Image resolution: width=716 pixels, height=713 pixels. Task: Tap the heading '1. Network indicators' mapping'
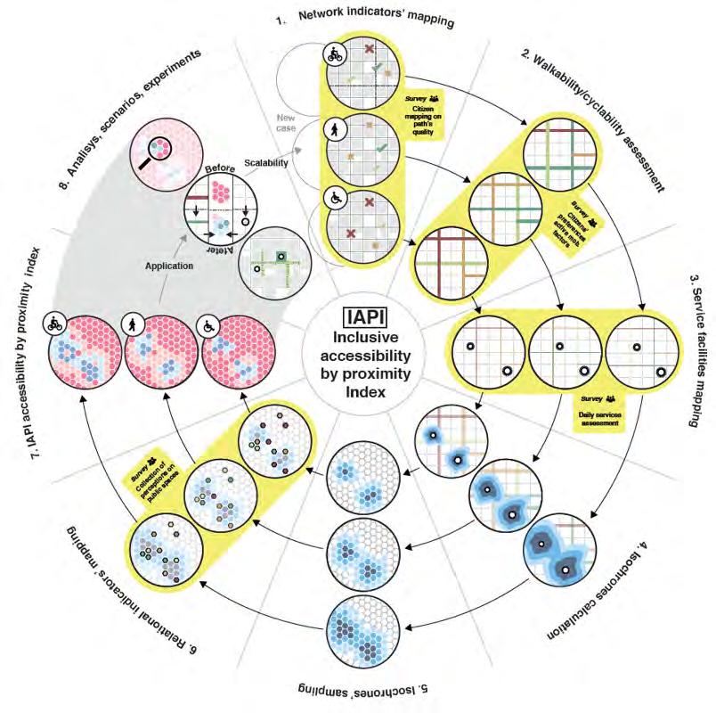pyautogui.click(x=374, y=18)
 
